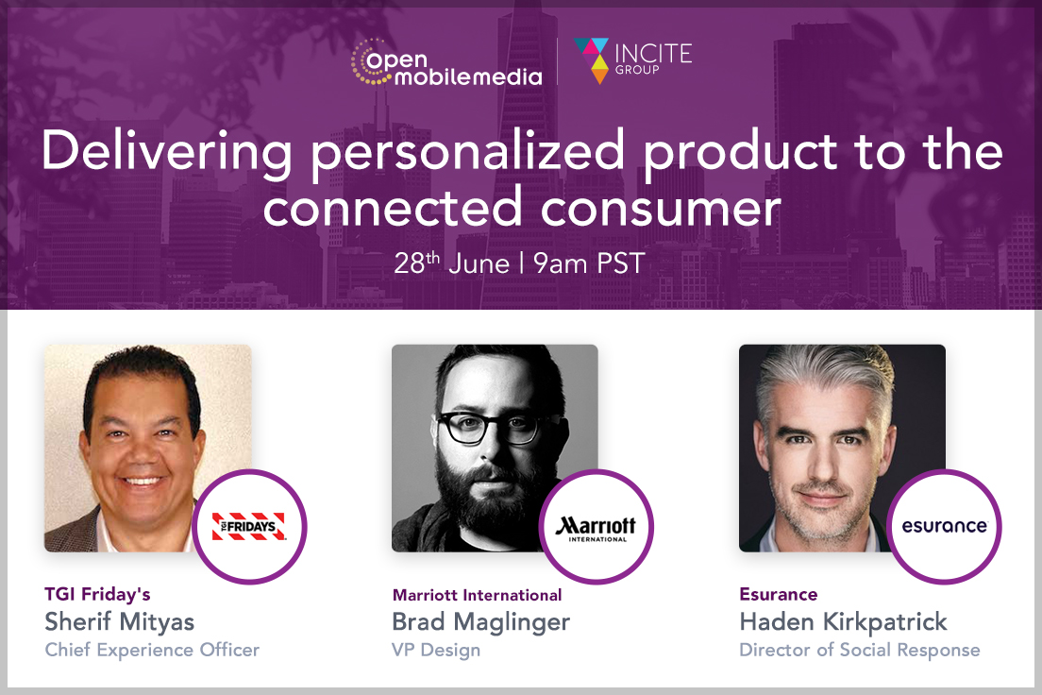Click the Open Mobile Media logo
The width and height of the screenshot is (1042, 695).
point(446,62)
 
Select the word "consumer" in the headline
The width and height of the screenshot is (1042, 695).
point(661,209)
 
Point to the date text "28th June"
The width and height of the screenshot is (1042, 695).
point(451,263)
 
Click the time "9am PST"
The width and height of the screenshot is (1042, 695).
point(589,263)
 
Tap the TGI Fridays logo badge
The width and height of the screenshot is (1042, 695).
point(249,527)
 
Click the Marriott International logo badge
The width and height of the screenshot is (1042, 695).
point(597,527)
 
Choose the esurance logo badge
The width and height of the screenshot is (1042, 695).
point(944,527)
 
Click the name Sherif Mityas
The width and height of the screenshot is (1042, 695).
point(120,622)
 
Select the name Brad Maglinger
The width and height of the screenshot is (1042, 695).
point(480,622)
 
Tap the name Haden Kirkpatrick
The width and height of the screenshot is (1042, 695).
point(843,622)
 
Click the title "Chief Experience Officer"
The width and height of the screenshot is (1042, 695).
point(152,650)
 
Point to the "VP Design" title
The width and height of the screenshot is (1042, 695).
point(436,650)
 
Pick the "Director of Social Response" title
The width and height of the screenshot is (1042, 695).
point(860,650)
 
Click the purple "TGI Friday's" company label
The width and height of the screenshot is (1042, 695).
point(98,594)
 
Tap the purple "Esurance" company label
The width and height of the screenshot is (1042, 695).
point(779,594)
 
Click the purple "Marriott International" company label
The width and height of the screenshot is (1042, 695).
point(478,595)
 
